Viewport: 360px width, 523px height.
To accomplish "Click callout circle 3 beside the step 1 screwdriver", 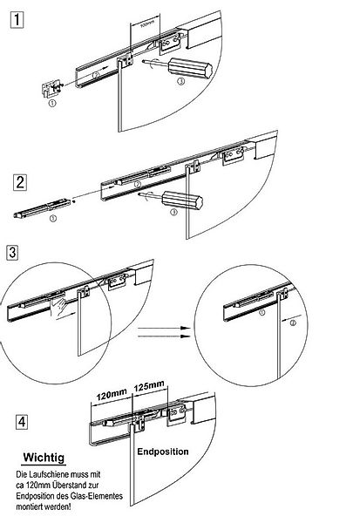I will point(180,81).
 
